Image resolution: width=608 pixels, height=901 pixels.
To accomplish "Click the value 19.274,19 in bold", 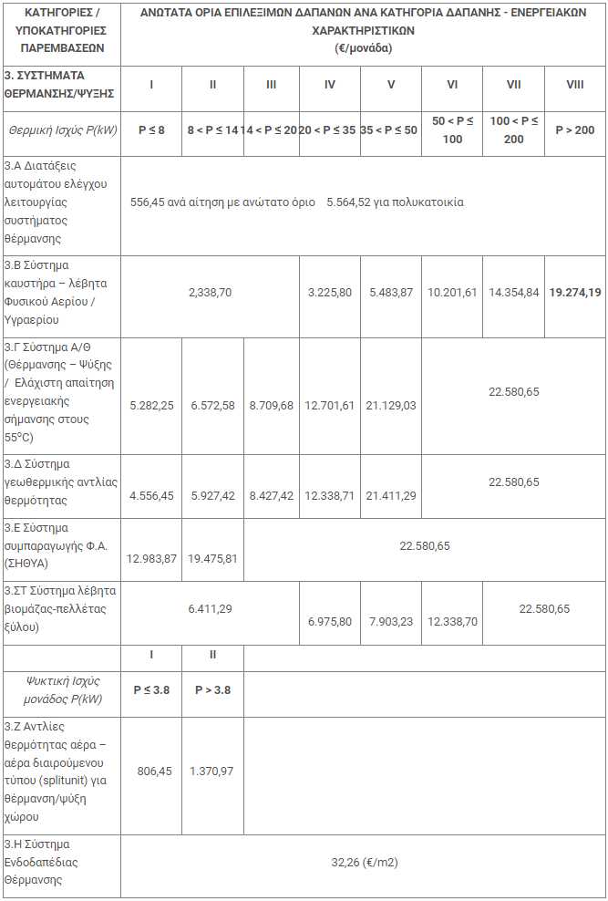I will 575,294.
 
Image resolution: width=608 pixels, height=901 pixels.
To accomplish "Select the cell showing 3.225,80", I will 330,294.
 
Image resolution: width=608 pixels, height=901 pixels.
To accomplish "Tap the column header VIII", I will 574,85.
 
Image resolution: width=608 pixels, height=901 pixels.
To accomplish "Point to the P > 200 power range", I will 574,130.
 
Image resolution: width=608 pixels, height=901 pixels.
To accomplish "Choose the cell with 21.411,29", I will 390,495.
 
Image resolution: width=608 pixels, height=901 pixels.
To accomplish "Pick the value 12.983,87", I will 151,558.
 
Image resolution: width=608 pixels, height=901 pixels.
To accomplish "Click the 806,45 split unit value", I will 151,771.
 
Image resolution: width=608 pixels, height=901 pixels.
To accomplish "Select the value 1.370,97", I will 212,771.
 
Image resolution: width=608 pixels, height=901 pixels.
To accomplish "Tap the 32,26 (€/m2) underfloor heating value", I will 364,861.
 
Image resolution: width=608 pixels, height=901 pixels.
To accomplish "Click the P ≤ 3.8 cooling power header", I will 151,689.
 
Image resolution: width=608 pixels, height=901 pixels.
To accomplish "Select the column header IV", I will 330,85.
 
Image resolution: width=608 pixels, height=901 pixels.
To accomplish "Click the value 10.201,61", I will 452,294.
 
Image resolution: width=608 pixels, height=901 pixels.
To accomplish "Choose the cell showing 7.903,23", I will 390,621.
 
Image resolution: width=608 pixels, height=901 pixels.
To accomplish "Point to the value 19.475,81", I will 212,558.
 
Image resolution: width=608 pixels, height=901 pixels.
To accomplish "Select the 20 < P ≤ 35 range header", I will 330,130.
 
